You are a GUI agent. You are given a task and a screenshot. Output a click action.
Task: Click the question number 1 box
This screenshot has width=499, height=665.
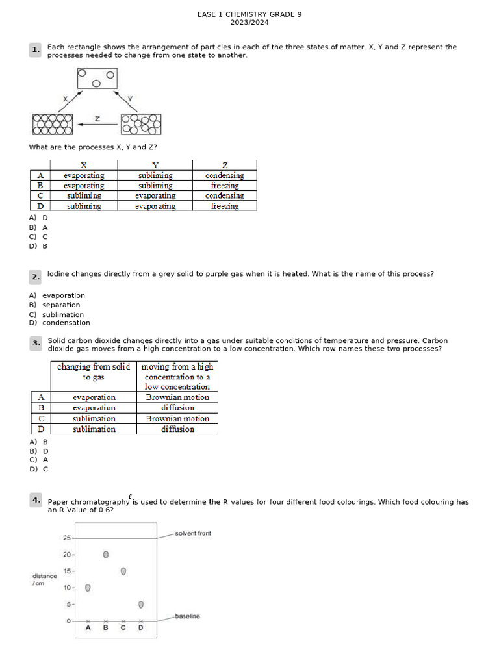(35, 50)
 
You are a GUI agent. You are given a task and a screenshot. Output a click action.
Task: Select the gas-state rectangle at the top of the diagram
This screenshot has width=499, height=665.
(97, 79)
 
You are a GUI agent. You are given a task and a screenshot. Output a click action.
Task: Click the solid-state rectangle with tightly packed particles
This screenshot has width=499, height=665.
(52, 124)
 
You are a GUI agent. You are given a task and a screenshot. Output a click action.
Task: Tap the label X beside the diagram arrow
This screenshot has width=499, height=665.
(65, 98)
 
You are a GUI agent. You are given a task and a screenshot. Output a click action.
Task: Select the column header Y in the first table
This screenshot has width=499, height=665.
(155, 165)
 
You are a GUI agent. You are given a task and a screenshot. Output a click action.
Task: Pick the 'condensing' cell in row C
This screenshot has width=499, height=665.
(224, 195)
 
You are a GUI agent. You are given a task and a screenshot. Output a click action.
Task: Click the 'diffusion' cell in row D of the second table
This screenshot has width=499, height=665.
(177, 429)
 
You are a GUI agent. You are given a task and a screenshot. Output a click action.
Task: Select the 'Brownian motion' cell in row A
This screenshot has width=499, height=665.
(177, 397)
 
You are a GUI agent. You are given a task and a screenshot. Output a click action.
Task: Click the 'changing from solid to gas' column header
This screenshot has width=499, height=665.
(94, 371)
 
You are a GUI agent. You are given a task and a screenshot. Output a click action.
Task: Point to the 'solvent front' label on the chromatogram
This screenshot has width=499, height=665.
(193, 533)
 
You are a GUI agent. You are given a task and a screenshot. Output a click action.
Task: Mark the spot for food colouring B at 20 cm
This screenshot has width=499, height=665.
(106, 555)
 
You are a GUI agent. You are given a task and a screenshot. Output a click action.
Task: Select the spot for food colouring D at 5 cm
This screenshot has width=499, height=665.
(141, 605)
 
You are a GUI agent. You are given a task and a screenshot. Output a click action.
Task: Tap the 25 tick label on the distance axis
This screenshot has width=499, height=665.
(67, 538)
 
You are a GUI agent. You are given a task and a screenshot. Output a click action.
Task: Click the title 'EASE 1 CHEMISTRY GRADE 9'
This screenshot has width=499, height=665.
(249, 14)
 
